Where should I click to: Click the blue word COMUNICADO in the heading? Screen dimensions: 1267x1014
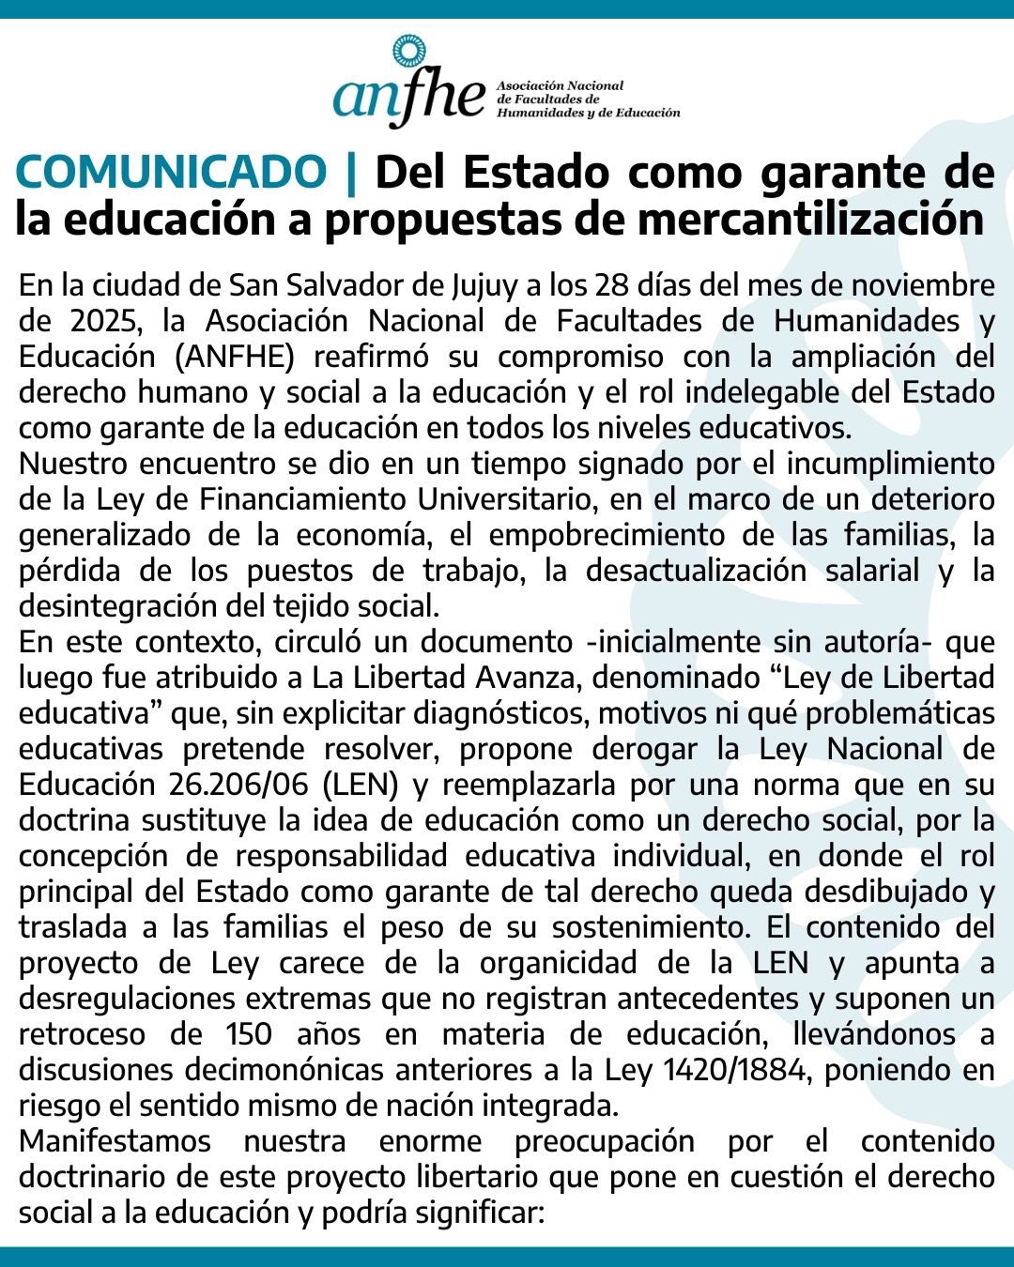(x=170, y=173)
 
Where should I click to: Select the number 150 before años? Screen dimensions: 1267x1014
(x=249, y=1034)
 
